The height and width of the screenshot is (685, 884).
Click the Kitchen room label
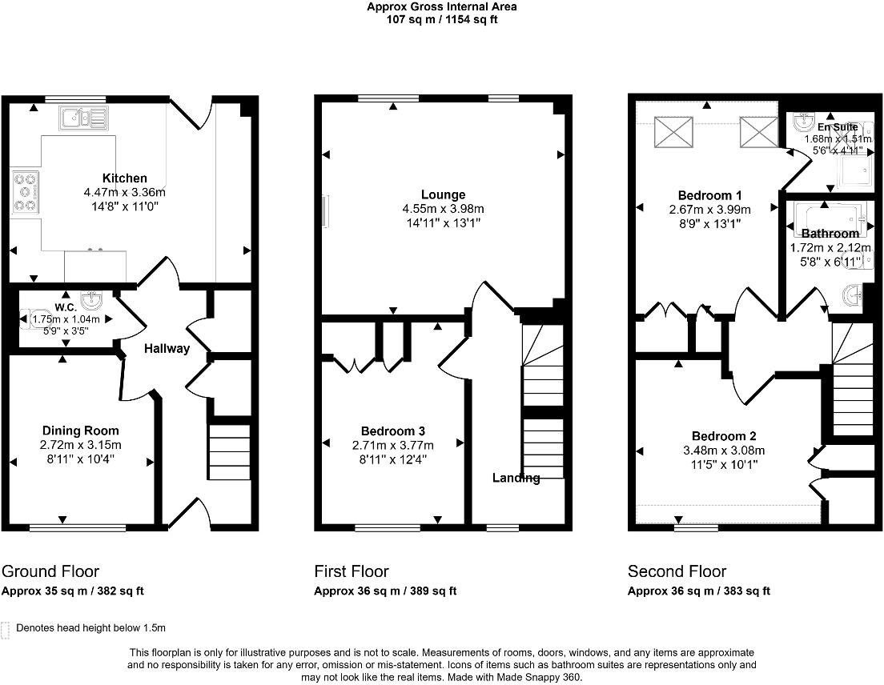124,178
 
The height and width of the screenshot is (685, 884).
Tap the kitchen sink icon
82,118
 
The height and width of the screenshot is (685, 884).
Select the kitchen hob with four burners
25,193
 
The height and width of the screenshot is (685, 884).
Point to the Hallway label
167,348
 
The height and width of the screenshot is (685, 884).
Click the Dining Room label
80,431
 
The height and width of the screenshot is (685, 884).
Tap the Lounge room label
443,194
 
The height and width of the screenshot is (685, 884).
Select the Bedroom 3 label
393,431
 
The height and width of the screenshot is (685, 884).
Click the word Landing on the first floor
516,478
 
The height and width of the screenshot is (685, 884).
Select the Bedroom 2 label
724,436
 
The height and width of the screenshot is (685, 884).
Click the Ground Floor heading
50,571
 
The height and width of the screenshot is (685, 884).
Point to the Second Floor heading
677,571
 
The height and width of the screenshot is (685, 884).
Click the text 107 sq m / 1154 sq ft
442,19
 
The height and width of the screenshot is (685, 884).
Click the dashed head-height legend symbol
7,629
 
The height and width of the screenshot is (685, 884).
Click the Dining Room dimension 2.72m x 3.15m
81,445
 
